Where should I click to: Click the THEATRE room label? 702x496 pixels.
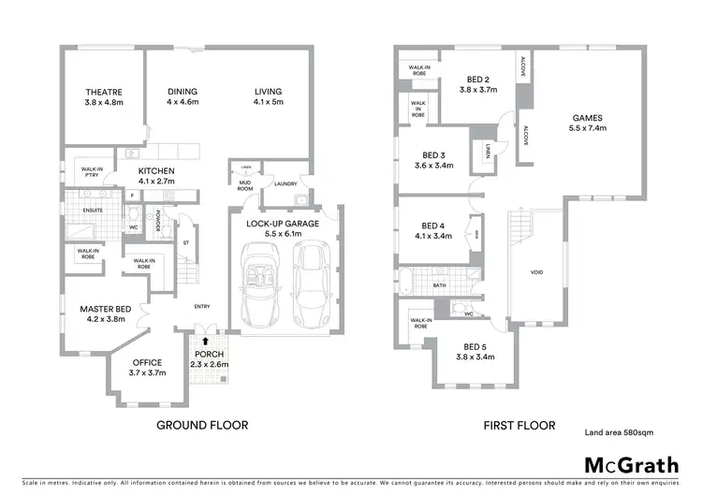pyautogui.click(x=104, y=97)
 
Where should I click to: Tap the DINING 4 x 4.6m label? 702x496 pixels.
pyautogui.click(x=183, y=97)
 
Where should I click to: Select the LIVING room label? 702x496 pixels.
pyautogui.click(x=268, y=97)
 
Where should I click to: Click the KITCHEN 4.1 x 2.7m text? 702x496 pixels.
pyautogui.click(x=157, y=176)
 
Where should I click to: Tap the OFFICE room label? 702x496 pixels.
pyautogui.click(x=146, y=367)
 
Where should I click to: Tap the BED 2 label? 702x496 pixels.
pyautogui.click(x=479, y=85)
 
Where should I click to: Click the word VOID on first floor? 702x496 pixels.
pyautogui.click(x=536, y=272)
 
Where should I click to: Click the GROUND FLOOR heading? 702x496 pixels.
pyautogui.click(x=201, y=425)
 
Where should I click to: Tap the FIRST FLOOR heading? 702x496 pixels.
pyautogui.click(x=519, y=425)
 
